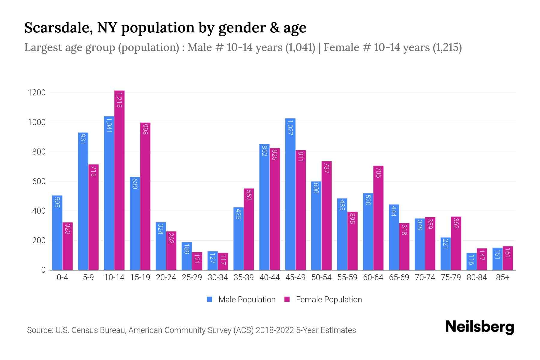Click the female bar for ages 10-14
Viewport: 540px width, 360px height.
pos(119,180)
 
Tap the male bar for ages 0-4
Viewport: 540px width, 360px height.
pos(57,232)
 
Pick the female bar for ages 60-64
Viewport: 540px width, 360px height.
pos(378,218)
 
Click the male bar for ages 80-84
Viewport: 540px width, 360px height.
pos(471,261)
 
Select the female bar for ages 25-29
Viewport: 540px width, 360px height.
pos(197,261)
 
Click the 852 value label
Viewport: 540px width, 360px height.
pos(264,151)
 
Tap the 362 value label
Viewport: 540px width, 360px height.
pos(456,223)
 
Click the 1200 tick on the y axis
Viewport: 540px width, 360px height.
pos(37,93)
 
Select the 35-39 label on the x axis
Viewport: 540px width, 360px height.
pos(244,277)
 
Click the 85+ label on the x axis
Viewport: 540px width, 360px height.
pos(502,277)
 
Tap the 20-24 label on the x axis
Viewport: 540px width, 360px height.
pos(166,277)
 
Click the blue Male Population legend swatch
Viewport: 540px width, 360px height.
pos(210,299)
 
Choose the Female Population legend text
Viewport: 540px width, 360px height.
pos(329,299)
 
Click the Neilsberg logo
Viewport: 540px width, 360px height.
pos(479,327)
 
